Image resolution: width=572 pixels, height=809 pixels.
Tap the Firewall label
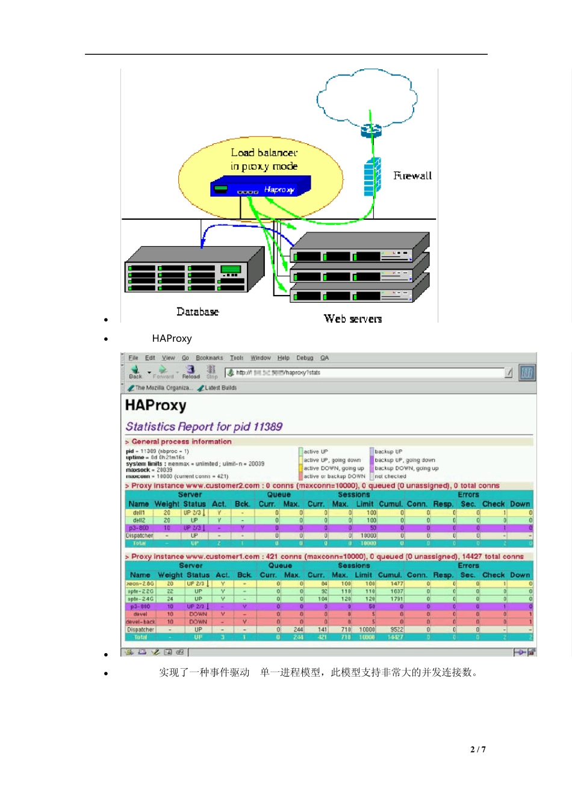pos(412,176)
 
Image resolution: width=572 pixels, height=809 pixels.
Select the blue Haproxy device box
pos(260,187)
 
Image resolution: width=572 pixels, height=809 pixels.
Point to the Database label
pos(197,312)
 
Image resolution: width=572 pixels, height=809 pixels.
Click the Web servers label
pos(353,319)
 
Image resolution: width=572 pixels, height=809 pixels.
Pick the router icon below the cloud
pos(371,129)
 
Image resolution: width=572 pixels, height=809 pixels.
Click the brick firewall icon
pos(372,176)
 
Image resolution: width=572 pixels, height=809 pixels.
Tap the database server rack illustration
pos(194,271)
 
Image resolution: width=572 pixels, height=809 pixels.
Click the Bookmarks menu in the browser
pos(209,358)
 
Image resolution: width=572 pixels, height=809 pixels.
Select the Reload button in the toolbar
pos(191,372)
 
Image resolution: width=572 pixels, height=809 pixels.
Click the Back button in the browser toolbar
pos(135,372)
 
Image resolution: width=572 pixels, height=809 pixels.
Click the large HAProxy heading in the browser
pos(156,406)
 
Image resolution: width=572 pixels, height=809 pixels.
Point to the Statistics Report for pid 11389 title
pos(204,427)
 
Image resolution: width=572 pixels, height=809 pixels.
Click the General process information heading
pos(181,442)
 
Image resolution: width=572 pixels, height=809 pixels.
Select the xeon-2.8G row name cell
pos(140,584)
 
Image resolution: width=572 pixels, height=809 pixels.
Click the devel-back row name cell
pos(140,622)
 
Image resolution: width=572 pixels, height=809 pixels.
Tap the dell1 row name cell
pos(138,513)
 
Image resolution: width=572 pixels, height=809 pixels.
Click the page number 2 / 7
pos(478,749)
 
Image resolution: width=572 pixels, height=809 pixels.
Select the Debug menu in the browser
pos(305,358)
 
